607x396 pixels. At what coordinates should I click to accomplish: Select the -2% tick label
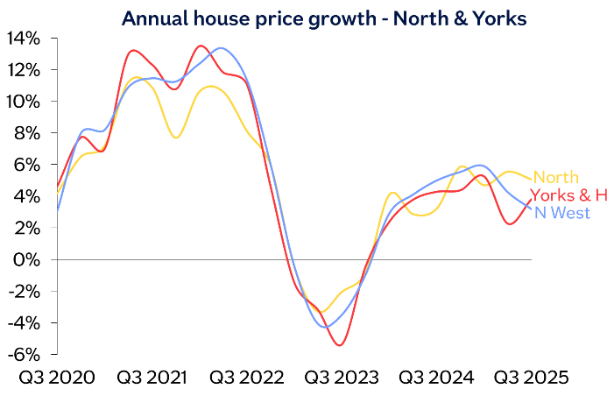pos(24,291)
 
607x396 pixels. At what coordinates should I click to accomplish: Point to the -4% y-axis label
pos(24,322)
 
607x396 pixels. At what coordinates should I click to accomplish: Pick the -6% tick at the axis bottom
pos(24,354)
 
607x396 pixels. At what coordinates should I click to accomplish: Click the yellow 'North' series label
pos(555,178)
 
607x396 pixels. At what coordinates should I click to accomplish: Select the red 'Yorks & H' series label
pos(568,195)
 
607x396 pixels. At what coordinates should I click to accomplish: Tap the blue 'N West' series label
pos(561,213)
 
